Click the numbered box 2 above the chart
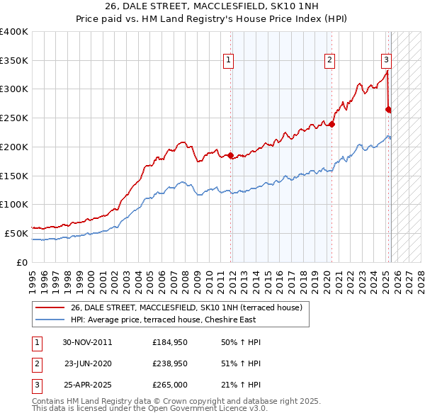330,61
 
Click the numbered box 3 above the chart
386,61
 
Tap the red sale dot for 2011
231,155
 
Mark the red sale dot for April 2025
388,109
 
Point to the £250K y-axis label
14,118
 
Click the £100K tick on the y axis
14,204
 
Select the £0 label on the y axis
23,262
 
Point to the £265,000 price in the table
170,385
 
